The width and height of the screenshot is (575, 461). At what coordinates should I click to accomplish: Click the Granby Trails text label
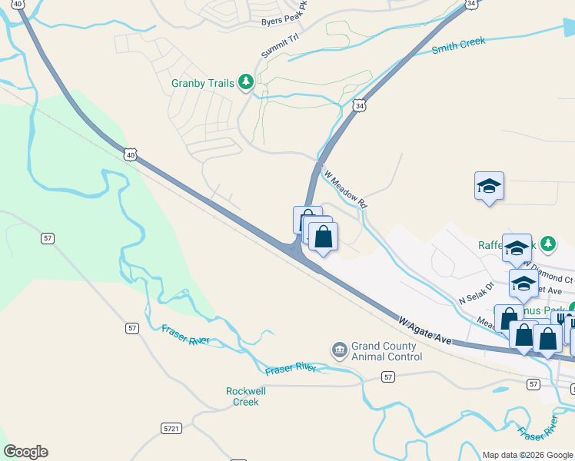203,83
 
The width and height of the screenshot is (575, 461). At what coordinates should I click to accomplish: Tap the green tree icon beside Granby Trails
246,81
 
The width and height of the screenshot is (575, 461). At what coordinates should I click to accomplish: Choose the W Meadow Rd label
346,189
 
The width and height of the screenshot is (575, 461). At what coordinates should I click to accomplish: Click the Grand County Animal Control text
386,351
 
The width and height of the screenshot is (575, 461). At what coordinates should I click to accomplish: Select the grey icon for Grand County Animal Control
339,350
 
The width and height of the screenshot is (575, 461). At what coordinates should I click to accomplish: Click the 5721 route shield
172,427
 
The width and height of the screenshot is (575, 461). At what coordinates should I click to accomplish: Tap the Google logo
25,452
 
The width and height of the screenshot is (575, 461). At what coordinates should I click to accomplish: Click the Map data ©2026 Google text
528,455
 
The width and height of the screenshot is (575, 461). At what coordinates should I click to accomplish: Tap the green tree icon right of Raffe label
547,244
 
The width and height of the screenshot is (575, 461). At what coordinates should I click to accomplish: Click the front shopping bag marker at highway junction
324,237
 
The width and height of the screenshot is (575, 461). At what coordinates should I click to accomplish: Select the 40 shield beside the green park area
131,155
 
